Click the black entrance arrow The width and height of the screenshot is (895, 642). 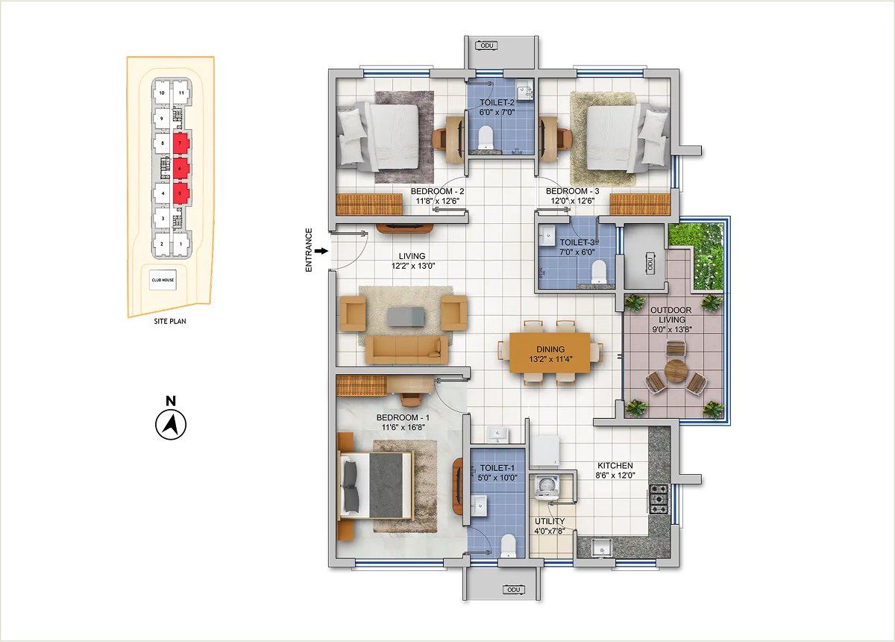[321, 251]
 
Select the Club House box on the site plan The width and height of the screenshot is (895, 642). [163, 280]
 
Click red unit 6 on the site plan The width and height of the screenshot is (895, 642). [180, 169]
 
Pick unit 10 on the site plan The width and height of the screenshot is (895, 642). [162, 93]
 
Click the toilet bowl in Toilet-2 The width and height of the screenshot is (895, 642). [486, 137]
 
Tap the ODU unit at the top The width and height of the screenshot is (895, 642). [486, 46]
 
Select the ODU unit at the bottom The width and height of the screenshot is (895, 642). [513, 590]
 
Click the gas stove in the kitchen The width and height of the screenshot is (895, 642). [658, 499]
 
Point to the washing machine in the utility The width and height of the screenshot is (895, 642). [547, 487]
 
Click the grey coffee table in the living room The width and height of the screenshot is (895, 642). [406, 317]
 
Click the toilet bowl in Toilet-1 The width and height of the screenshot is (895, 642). [509, 545]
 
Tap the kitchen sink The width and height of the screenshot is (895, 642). [602, 548]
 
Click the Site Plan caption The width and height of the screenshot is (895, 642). [170, 321]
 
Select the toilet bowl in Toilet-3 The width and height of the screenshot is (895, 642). [598, 272]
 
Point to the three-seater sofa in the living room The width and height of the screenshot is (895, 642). [406, 350]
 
